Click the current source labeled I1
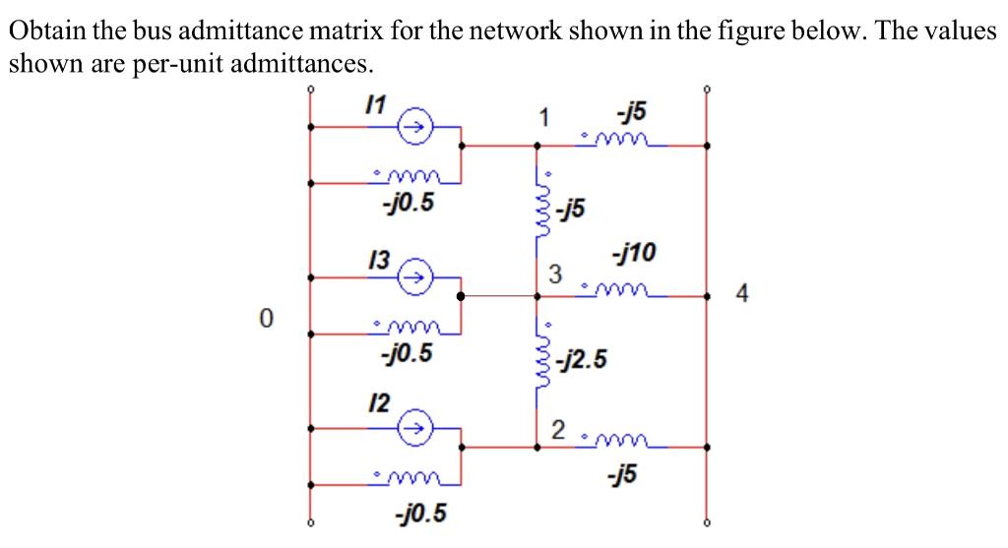414,127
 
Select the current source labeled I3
414,277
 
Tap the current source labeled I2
414,429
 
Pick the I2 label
377,402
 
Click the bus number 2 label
557,430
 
